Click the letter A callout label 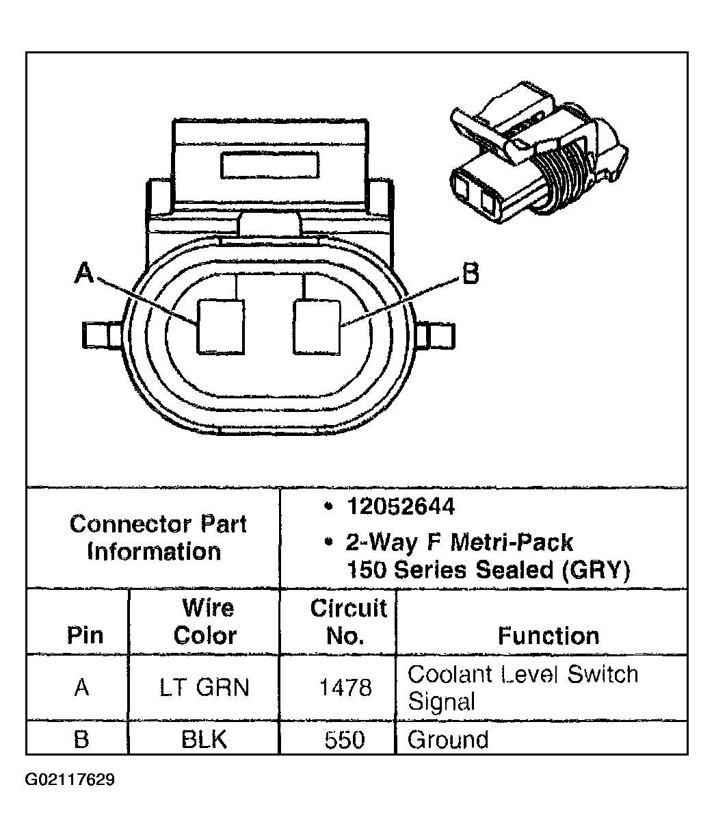[x=83, y=274]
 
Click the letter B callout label [x=470, y=274]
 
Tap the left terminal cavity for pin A [x=220, y=327]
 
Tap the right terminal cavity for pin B [x=317, y=327]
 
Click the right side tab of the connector [x=438, y=334]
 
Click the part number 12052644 [x=400, y=507]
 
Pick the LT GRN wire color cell [x=204, y=687]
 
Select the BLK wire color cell [x=204, y=739]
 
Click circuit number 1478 [x=345, y=687]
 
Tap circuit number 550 [x=345, y=739]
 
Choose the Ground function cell [x=448, y=740]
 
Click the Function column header [x=548, y=635]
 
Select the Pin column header [x=85, y=635]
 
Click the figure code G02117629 [x=70, y=780]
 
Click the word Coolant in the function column [x=449, y=674]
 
